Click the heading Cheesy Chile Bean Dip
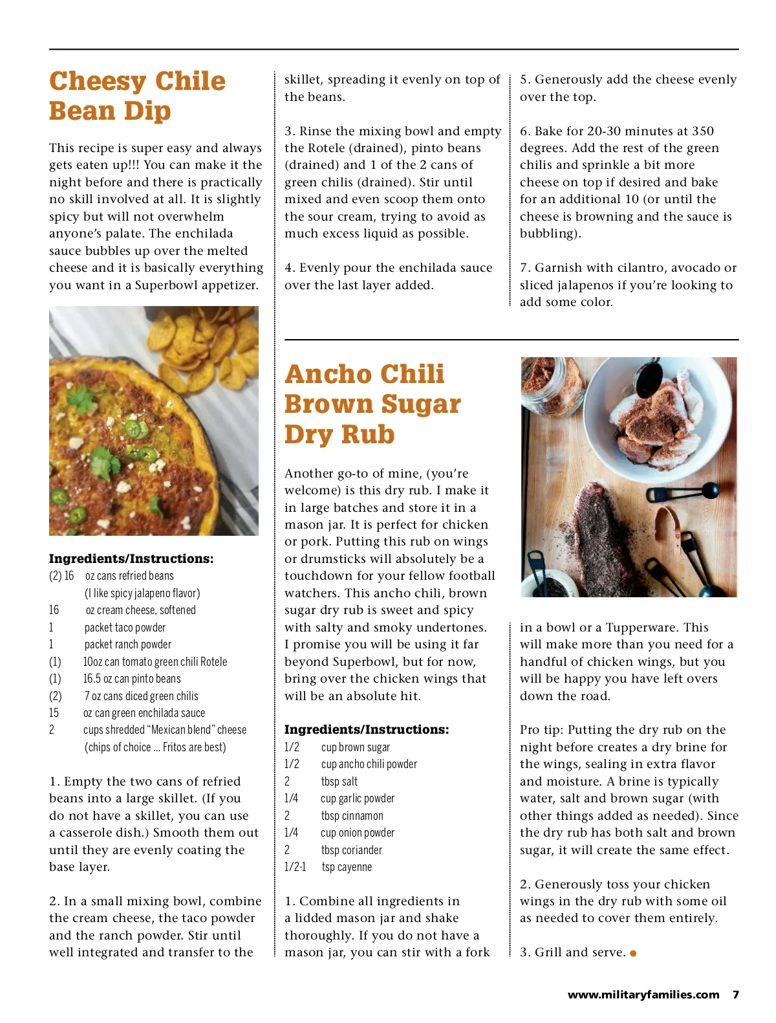[x=136, y=96]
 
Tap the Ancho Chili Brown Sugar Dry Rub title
[x=372, y=404]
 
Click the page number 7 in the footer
[x=735, y=995]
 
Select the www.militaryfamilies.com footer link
[x=643, y=995]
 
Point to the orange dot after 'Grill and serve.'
[x=633, y=953]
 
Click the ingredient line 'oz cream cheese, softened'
[x=140, y=610]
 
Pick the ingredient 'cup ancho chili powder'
[x=369, y=764]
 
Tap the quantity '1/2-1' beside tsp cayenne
[x=295, y=867]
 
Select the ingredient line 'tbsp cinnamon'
[x=352, y=816]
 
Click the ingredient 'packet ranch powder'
[x=127, y=644]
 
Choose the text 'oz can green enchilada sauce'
[x=144, y=713]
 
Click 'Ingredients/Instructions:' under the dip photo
[x=131, y=558]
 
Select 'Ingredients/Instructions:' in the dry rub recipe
[x=366, y=729]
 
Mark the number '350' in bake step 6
[x=702, y=131]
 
